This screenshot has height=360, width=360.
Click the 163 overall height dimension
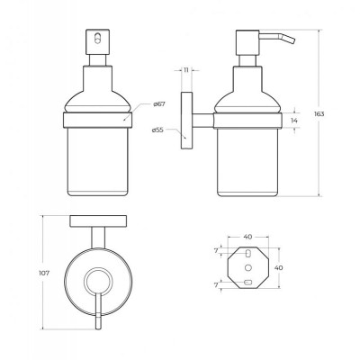pos(319,114)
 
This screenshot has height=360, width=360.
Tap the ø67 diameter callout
pos(159,104)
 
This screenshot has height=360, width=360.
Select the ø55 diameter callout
pos(157,130)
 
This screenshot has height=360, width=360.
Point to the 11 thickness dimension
pos(186,70)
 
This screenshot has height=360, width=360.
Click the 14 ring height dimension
pos(294,121)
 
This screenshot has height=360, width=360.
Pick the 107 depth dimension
pos(44,274)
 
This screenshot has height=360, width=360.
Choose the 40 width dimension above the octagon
pos(247,237)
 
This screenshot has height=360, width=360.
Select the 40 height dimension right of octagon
pos(278,267)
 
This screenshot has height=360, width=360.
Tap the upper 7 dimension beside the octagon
pos(216,251)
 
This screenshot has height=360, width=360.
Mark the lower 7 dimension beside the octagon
pos(216,285)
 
